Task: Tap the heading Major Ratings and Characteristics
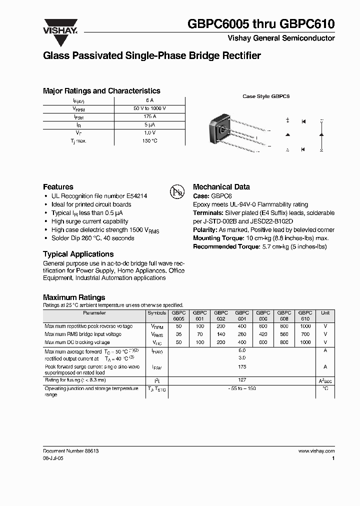click(101, 91)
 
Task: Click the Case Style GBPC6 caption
click(266, 96)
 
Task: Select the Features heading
click(58, 186)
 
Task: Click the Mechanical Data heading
click(221, 186)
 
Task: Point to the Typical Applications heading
click(78, 254)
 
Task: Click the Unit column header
click(325, 313)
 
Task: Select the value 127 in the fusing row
click(241, 380)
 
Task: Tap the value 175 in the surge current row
click(241, 367)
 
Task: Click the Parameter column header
click(94, 313)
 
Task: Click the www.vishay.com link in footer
click(316, 451)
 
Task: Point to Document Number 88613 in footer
click(70, 451)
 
